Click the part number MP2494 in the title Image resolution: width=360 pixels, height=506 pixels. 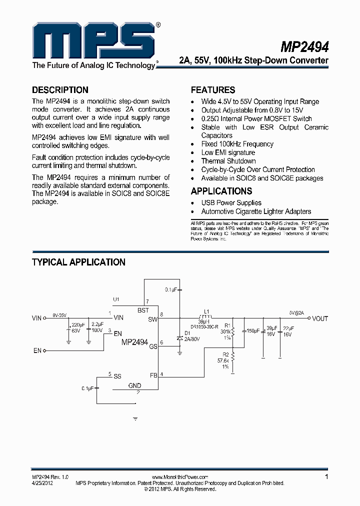[x=304, y=46]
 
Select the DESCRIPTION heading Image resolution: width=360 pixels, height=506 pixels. [x=60, y=90]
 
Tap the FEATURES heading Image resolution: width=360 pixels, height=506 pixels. [x=213, y=90]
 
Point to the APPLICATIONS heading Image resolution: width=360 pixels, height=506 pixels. [x=221, y=191]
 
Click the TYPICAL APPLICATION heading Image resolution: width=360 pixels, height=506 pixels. [x=78, y=262]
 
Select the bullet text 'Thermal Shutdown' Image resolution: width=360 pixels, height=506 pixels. [x=228, y=161]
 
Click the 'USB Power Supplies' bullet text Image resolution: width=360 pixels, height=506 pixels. [x=231, y=202]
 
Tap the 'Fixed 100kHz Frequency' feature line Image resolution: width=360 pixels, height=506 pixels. [x=237, y=144]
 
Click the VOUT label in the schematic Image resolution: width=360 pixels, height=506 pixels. [x=320, y=318]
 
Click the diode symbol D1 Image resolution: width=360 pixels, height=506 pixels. [x=179, y=338]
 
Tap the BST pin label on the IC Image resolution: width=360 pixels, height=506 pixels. [x=143, y=310]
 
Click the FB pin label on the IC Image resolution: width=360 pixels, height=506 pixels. [x=153, y=374]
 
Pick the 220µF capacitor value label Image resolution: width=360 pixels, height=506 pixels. [x=78, y=325]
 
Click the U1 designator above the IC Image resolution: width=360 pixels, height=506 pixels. [x=116, y=299]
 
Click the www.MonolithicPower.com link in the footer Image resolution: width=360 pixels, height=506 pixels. [x=179, y=477]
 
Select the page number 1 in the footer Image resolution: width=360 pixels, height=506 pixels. [x=326, y=477]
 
